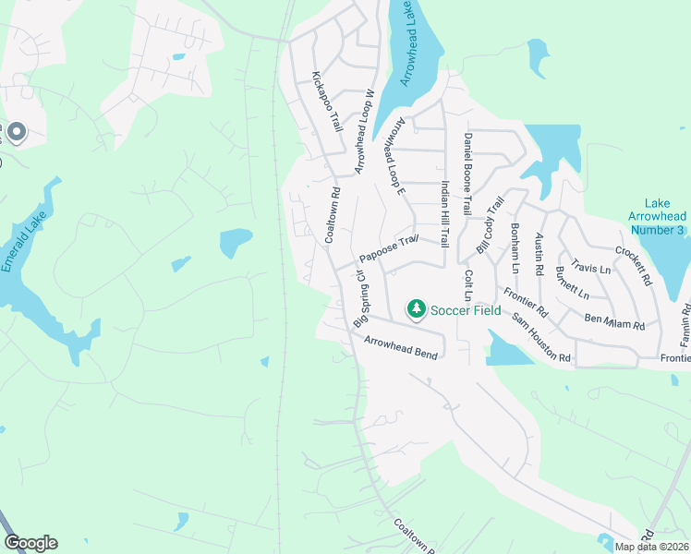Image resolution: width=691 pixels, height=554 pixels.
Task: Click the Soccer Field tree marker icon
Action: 417,308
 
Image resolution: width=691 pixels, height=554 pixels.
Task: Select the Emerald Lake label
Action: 18,249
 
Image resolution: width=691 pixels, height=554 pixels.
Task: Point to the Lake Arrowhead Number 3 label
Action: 656,215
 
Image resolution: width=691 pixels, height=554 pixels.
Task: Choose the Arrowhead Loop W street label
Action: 364,131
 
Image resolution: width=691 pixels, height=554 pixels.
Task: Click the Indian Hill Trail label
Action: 444,212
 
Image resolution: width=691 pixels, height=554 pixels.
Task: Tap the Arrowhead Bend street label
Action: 400,345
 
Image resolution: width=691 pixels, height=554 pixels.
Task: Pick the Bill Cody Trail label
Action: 490,224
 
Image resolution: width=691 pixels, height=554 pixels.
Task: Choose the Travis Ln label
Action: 590,268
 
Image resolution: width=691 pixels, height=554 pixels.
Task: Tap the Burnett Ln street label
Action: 572,283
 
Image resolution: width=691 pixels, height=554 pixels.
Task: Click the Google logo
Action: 30,543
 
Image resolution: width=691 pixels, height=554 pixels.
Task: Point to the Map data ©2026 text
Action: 651,547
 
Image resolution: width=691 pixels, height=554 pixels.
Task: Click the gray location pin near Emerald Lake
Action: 16,133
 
